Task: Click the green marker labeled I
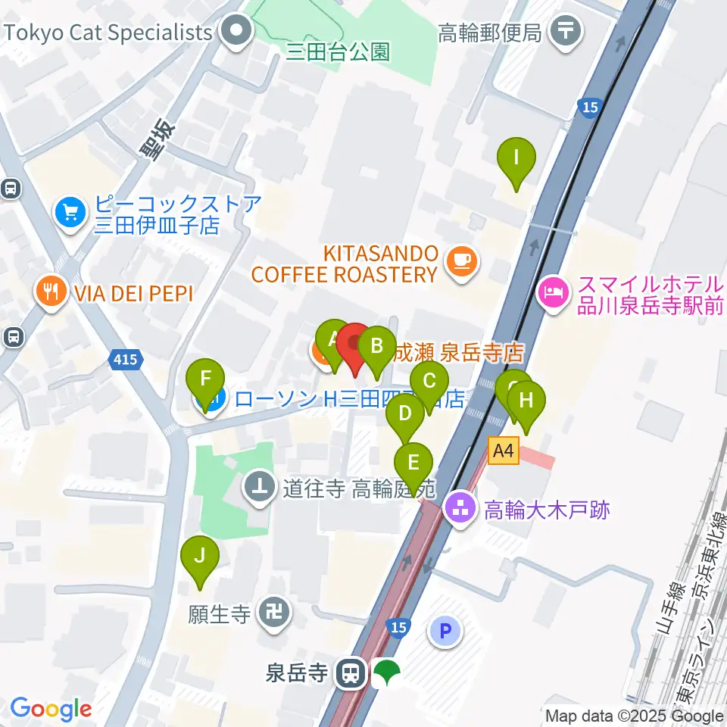(516, 159)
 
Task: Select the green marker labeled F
(205, 378)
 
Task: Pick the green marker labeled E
(413, 463)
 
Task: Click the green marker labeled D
(406, 414)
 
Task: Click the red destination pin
(354, 345)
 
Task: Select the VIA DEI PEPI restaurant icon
(51, 292)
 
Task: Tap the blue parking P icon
(445, 629)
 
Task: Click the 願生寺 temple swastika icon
(271, 611)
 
